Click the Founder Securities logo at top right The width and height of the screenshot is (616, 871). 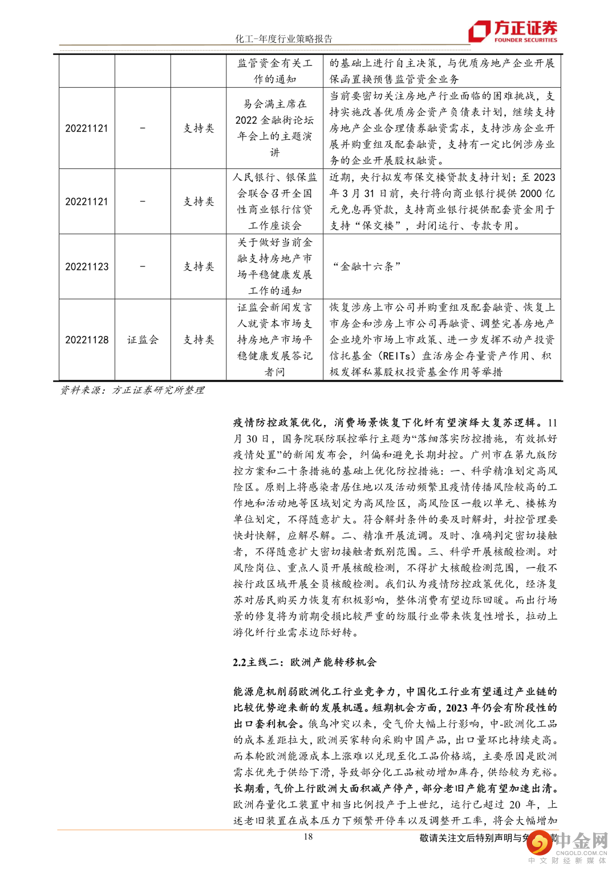click(x=513, y=31)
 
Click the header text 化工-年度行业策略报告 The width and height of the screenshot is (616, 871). click(x=283, y=39)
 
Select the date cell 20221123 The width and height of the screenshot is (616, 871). click(x=87, y=266)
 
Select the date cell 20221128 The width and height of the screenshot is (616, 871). click(x=87, y=339)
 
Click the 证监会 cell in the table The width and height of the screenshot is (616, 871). click(x=143, y=339)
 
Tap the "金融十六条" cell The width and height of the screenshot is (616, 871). click(x=367, y=266)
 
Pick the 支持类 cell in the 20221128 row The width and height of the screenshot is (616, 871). click(x=198, y=339)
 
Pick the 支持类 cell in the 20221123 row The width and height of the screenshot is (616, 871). click(x=198, y=266)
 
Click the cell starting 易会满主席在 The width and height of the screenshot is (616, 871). click(x=274, y=128)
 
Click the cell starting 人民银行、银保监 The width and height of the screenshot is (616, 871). click(x=274, y=201)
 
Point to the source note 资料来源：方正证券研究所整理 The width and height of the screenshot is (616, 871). click(x=132, y=390)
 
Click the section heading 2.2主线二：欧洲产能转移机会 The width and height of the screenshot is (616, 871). click(x=304, y=662)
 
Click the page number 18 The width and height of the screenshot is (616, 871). click(x=308, y=837)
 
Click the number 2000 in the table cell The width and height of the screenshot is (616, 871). click(x=530, y=193)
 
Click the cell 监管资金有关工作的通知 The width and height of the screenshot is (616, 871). click(x=274, y=71)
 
